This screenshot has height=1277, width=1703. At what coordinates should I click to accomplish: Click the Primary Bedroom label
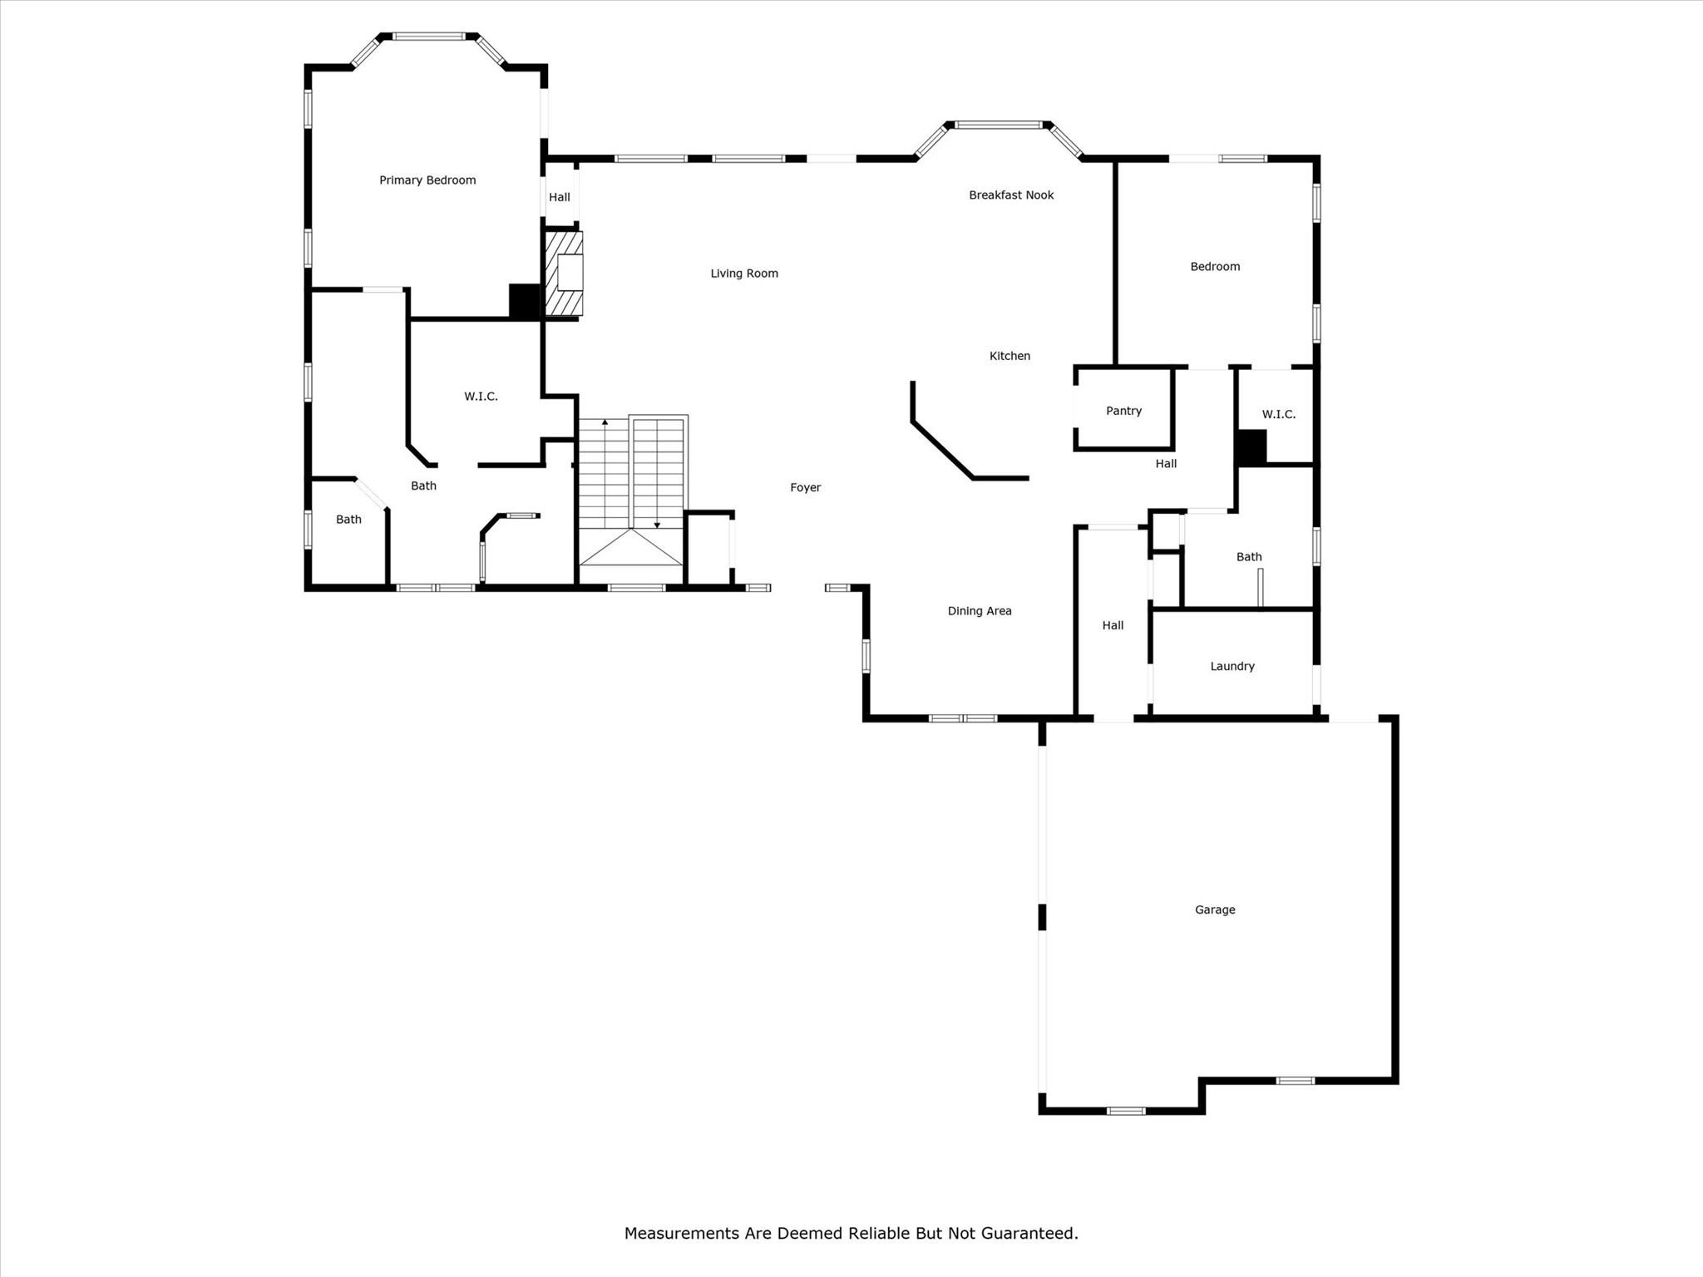click(x=427, y=180)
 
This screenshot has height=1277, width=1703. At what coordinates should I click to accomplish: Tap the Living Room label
click(x=744, y=274)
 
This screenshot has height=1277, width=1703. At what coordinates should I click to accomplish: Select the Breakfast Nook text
click(x=1011, y=195)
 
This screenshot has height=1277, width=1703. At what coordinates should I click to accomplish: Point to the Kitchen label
click(x=1009, y=356)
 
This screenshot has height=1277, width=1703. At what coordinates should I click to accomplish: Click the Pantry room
click(x=1123, y=411)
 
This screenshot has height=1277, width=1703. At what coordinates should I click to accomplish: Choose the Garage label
click(x=1215, y=910)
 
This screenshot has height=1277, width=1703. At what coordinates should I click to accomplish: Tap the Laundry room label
click(x=1232, y=666)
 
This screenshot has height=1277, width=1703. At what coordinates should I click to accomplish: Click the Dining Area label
click(x=980, y=611)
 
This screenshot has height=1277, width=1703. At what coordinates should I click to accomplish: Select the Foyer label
click(x=805, y=488)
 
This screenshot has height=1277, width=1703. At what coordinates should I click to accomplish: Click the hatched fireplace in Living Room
click(x=563, y=274)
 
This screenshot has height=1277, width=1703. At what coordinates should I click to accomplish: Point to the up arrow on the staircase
click(x=605, y=423)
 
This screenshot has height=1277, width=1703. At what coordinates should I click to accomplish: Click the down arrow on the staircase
click(x=657, y=525)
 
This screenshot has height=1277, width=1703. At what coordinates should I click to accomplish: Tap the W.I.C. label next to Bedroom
click(x=1278, y=414)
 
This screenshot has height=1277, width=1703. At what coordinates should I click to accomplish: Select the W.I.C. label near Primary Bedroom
click(x=481, y=397)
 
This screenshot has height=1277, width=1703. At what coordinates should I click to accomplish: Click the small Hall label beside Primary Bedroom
click(x=560, y=197)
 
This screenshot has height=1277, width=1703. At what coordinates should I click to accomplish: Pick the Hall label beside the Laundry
click(x=1113, y=625)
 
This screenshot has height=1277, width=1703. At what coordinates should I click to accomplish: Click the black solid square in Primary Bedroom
click(x=525, y=301)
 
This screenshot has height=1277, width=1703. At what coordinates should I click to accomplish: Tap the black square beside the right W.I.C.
click(x=1251, y=447)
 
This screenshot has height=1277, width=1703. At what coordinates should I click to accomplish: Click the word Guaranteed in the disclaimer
click(x=1028, y=1233)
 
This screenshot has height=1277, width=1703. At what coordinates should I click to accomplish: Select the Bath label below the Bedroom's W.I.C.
click(x=1249, y=557)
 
